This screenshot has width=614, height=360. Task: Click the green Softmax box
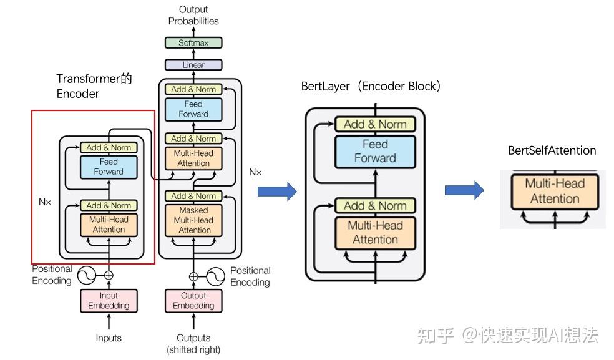pyautogui.click(x=193, y=43)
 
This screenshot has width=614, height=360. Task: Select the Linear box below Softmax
pyautogui.click(x=193, y=64)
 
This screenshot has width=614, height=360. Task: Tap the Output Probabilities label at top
pyautogui.click(x=193, y=15)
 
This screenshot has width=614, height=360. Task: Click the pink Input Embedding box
pyautogui.click(x=109, y=301)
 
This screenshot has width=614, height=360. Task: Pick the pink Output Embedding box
pyautogui.click(x=193, y=301)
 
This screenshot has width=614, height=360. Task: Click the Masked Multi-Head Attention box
pyautogui.click(x=193, y=220)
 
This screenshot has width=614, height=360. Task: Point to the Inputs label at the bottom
pyautogui.click(x=109, y=338)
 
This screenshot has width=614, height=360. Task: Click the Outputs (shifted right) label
pyautogui.click(x=193, y=344)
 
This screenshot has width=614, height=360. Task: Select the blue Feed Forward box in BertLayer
pyautogui.click(x=375, y=151)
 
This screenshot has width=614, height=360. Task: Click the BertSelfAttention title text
pyautogui.click(x=552, y=150)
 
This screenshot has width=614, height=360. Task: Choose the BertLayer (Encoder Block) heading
pyautogui.click(x=371, y=86)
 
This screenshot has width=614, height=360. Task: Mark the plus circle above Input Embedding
pyautogui.click(x=109, y=275)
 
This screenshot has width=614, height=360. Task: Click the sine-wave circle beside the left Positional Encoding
pyautogui.click(x=86, y=275)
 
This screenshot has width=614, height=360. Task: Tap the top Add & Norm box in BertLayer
pyautogui.click(x=375, y=124)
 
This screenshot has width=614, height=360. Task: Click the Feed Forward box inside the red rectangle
pyautogui.click(x=109, y=167)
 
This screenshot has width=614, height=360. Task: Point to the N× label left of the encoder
pyautogui.click(x=45, y=202)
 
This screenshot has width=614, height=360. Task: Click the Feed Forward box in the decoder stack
pyautogui.click(x=193, y=109)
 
